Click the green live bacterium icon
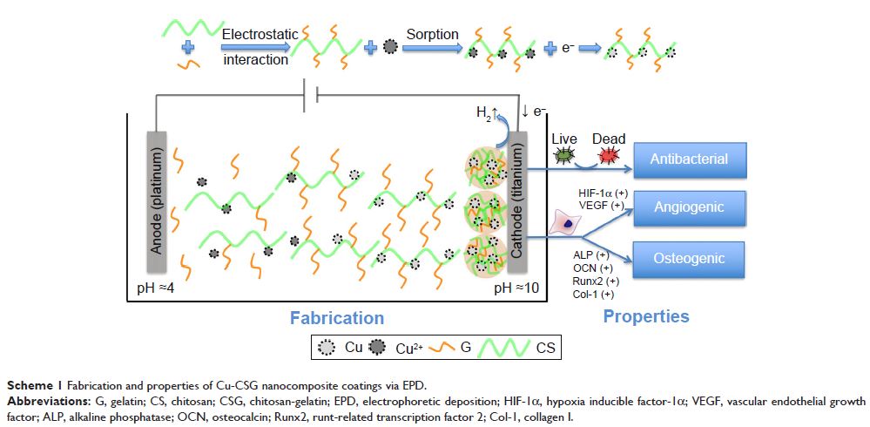[x=566, y=156]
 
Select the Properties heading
[x=646, y=316]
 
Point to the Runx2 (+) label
[x=596, y=281]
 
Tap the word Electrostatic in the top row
[x=260, y=35]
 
